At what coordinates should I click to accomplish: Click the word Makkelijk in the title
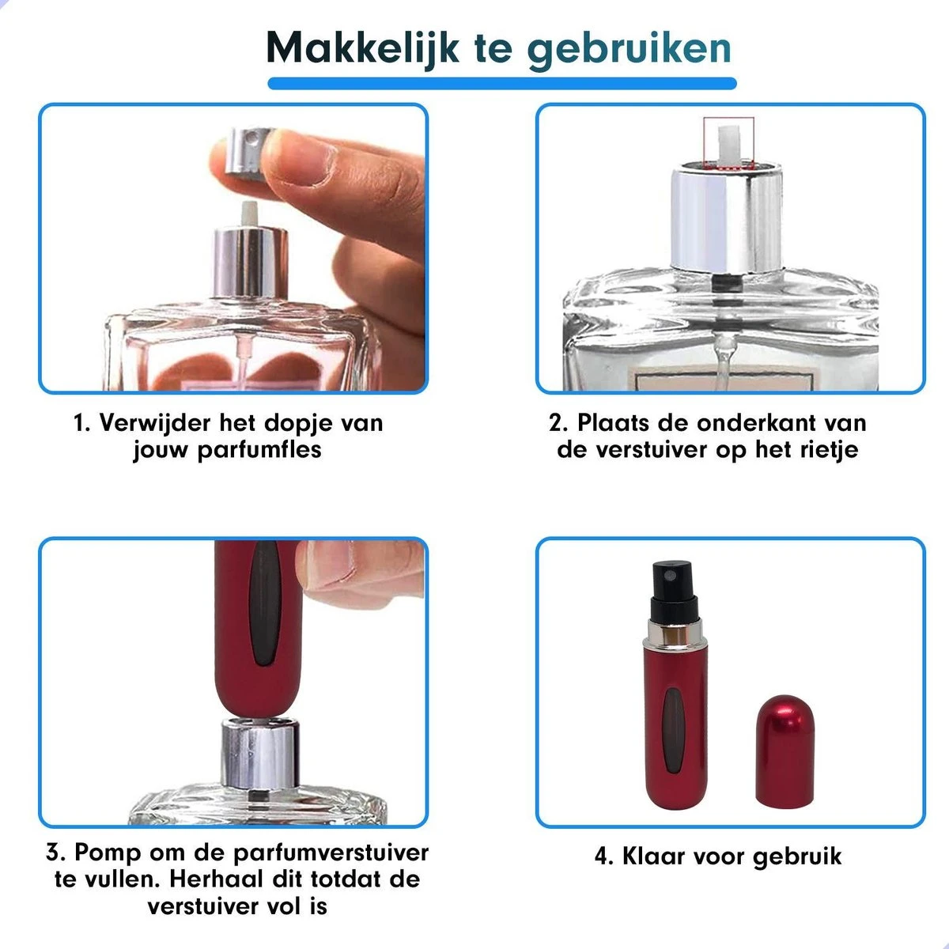[362, 48]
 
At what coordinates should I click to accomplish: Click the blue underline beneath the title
[502, 83]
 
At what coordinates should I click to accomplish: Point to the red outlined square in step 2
[728, 143]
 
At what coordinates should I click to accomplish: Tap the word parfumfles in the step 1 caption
[259, 450]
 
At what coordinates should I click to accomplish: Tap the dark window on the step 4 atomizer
[673, 731]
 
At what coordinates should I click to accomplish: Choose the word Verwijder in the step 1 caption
[155, 423]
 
